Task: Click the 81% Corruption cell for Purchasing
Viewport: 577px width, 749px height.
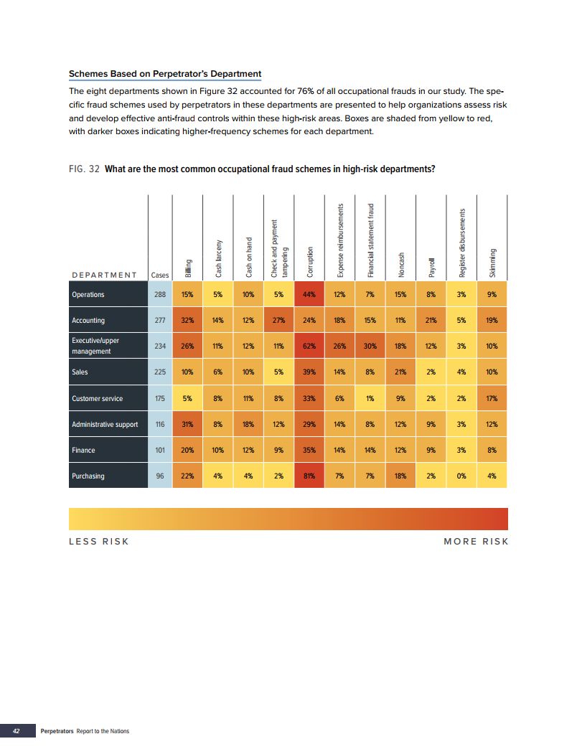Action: pyautogui.click(x=309, y=476)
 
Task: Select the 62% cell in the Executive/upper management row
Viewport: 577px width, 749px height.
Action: pyautogui.click(x=309, y=346)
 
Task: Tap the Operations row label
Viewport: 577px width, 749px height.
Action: pyautogui.click(x=88, y=294)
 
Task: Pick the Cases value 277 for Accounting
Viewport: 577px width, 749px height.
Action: pyautogui.click(x=160, y=320)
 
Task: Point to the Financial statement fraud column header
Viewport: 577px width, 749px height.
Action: pyautogui.click(x=371, y=241)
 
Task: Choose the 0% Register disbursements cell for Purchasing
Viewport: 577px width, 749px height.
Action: pyautogui.click(x=461, y=476)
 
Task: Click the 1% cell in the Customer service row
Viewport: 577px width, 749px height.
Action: pyautogui.click(x=370, y=398)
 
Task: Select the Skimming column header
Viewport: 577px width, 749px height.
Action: pyautogui.click(x=492, y=263)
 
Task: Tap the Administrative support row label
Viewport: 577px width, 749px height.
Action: pyautogui.click(x=105, y=424)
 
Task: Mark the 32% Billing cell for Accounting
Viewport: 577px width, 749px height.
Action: pyautogui.click(x=187, y=320)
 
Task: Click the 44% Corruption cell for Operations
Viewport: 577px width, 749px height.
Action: pyautogui.click(x=309, y=294)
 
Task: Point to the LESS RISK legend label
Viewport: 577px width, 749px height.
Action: pyautogui.click(x=99, y=541)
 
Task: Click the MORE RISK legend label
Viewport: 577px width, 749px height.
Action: pyautogui.click(x=476, y=541)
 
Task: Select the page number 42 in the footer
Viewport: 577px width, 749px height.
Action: pyautogui.click(x=16, y=731)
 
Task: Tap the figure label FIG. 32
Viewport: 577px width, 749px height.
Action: pyautogui.click(x=84, y=169)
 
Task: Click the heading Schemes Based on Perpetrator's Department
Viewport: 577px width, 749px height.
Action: pyautogui.click(x=164, y=74)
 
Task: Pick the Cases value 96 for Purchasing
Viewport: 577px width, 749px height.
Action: pyautogui.click(x=160, y=476)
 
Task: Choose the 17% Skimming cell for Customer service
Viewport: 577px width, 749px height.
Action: pyautogui.click(x=492, y=398)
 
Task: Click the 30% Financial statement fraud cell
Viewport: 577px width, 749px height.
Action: pyautogui.click(x=370, y=346)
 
